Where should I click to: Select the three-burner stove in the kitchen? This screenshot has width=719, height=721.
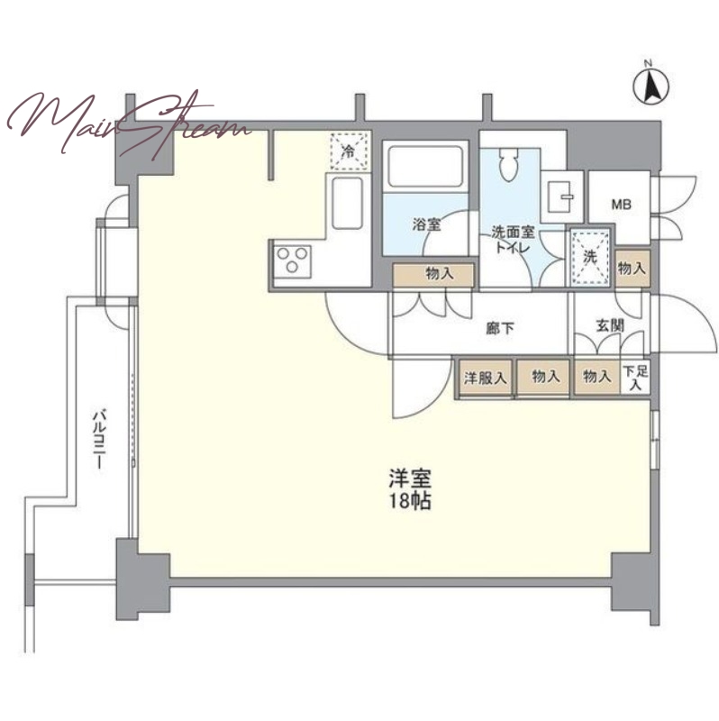(293, 260)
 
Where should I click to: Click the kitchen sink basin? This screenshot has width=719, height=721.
(347, 203)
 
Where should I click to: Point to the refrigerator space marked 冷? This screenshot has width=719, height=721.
(350, 151)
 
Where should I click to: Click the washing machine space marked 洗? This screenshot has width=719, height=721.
(590, 258)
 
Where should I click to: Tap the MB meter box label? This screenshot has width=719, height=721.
(621, 205)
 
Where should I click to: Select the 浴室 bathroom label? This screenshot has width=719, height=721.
(426, 224)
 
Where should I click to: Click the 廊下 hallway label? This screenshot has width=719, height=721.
(500, 329)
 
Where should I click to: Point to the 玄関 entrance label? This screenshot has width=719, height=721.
(611, 325)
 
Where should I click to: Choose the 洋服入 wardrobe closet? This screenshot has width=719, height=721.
(485, 378)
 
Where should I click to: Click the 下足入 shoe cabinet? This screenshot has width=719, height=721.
(635, 378)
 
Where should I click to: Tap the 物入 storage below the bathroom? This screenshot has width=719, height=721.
(433, 275)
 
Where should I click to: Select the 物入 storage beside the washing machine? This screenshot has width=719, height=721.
(633, 269)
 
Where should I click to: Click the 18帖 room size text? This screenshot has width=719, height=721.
(410, 501)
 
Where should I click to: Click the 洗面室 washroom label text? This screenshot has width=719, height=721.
(513, 233)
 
